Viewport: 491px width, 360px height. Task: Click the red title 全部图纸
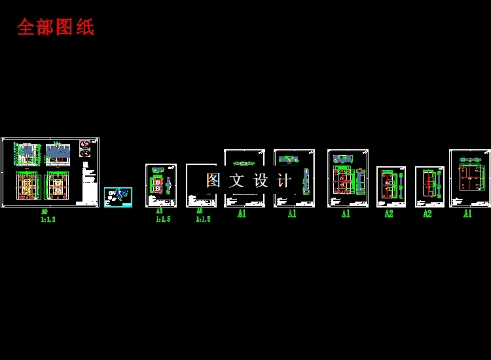pos(56,27)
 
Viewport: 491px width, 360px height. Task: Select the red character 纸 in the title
pos(85,27)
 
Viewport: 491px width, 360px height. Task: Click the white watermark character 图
pos(213,181)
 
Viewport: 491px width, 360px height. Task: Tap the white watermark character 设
pos(261,181)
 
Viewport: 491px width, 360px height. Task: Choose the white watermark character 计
pos(284,181)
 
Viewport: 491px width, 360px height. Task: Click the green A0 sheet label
pos(45,212)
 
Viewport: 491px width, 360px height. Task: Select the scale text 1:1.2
pos(48,220)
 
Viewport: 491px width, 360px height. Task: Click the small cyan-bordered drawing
pos(118,196)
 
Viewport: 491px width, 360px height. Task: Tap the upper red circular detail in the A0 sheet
pos(85,145)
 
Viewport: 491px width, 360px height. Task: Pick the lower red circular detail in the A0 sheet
pos(85,153)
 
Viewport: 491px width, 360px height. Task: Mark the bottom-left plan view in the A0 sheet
pos(28,185)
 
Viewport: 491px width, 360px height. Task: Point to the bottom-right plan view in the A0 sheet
pos(58,185)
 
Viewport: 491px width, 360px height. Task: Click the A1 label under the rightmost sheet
pos(467,214)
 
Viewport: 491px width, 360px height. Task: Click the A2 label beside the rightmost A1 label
pos(427,214)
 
